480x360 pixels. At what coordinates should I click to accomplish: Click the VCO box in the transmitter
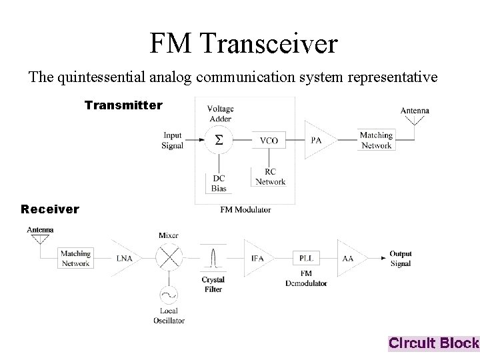(269, 141)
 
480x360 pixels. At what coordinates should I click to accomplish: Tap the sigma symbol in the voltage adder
(218, 140)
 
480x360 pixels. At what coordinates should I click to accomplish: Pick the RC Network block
(269, 176)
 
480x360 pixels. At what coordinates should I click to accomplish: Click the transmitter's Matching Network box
(376, 140)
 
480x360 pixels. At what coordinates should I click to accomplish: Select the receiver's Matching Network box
(75, 258)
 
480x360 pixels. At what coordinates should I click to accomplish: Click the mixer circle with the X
(169, 257)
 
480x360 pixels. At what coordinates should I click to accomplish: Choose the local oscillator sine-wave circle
(169, 294)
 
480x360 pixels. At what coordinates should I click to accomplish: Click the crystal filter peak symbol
(213, 258)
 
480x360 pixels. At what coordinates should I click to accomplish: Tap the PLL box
(305, 258)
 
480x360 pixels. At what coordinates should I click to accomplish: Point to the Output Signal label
(401, 259)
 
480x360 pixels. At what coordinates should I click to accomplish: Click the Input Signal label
(172, 141)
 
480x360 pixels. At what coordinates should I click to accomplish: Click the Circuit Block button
(433, 343)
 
